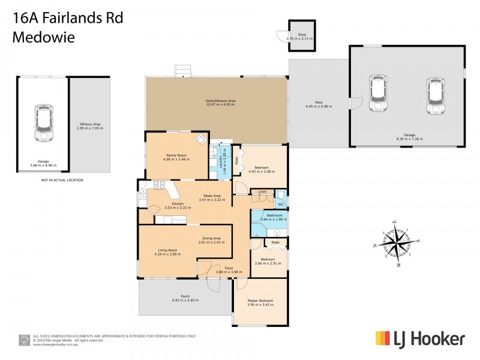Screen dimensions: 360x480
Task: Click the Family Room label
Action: pyautogui.click(x=177, y=155)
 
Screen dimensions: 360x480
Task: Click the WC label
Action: pyautogui.click(x=280, y=205)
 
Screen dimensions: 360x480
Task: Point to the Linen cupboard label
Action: pyautogui.click(x=262, y=192)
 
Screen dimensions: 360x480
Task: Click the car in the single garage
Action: pyautogui.click(x=43, y=124)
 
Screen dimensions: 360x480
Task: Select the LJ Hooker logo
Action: pyautogui.click(x=420, y=339)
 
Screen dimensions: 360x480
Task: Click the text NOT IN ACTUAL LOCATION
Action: pyautogui.click(x=62, y=180)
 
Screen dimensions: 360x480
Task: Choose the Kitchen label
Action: pyautogui.click(x=177, y=204)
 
